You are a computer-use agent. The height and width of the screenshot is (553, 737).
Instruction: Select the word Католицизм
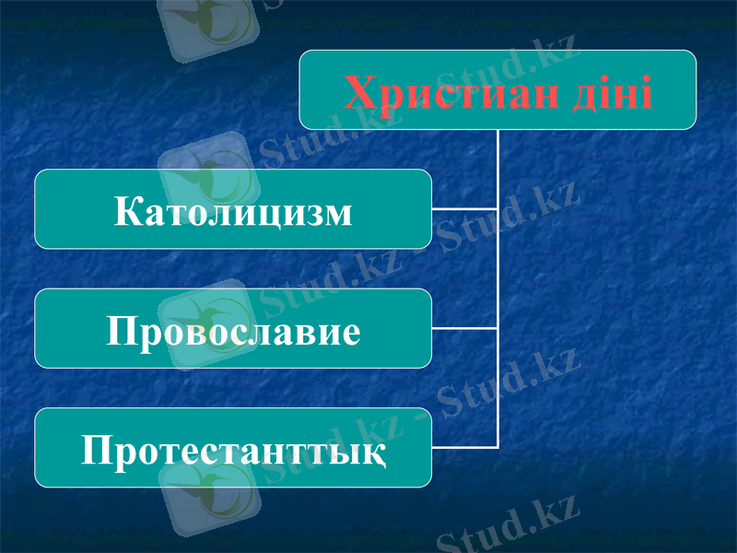click(x=233, y=211)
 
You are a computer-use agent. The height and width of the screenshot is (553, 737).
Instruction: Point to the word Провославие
click(x=233, y=330)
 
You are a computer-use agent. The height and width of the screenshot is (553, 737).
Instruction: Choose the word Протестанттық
click(x=233, y=451)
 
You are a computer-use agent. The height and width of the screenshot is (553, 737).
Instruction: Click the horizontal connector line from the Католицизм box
click(x=464, y=209)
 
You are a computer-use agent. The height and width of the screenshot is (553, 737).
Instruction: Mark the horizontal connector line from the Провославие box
click(x=464, y=328)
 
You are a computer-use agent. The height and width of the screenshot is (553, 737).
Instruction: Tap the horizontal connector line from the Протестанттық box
click(x=464, y=448)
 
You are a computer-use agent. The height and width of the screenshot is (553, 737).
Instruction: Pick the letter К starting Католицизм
click(x=127, y=211)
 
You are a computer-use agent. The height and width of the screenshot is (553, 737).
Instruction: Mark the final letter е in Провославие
click(x=350, y=332)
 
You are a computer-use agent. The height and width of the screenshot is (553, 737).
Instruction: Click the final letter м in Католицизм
click(x=338, y=213)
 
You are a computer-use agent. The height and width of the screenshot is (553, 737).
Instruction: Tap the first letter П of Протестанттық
click(x=96, y=451)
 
